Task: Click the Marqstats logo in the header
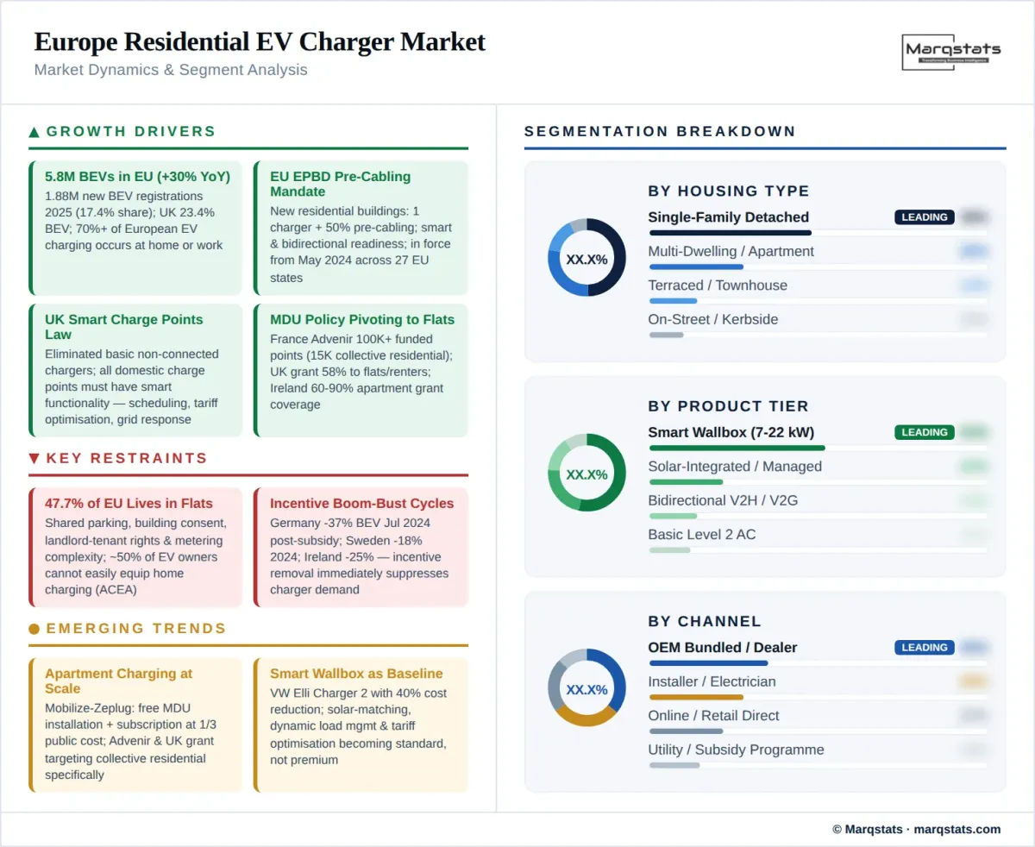click(x=951, y=51)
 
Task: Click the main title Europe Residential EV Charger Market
click(x=260, y=41)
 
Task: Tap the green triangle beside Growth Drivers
click(x=34, y=132)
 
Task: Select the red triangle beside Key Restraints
click(x=34, y=458)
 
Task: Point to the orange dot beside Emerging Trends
click(x=34, y=629)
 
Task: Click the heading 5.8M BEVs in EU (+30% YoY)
click(x=137, y=177)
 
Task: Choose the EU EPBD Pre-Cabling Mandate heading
click(x=340, y=184)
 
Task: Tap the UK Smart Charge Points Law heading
click(x=123, y=327)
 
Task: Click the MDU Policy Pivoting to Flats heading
click(x=361, y=320)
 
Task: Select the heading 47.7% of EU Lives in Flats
click(x=129, y=504)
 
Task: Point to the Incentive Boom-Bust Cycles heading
click(x=361, y=504)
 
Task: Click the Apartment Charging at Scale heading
click(x=118, y=681)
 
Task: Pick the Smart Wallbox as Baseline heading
click(x=356, y=674)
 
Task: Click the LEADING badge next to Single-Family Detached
click(x=925, y=217)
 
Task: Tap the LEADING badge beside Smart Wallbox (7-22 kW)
click(x=925, y=432)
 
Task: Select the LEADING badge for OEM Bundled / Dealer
click(x=925, y=648)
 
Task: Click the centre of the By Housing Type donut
click(x=586, y=259)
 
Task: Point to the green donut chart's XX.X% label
click(x=586, y=474)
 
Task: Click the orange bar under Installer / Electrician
click(x=696, y=697)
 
